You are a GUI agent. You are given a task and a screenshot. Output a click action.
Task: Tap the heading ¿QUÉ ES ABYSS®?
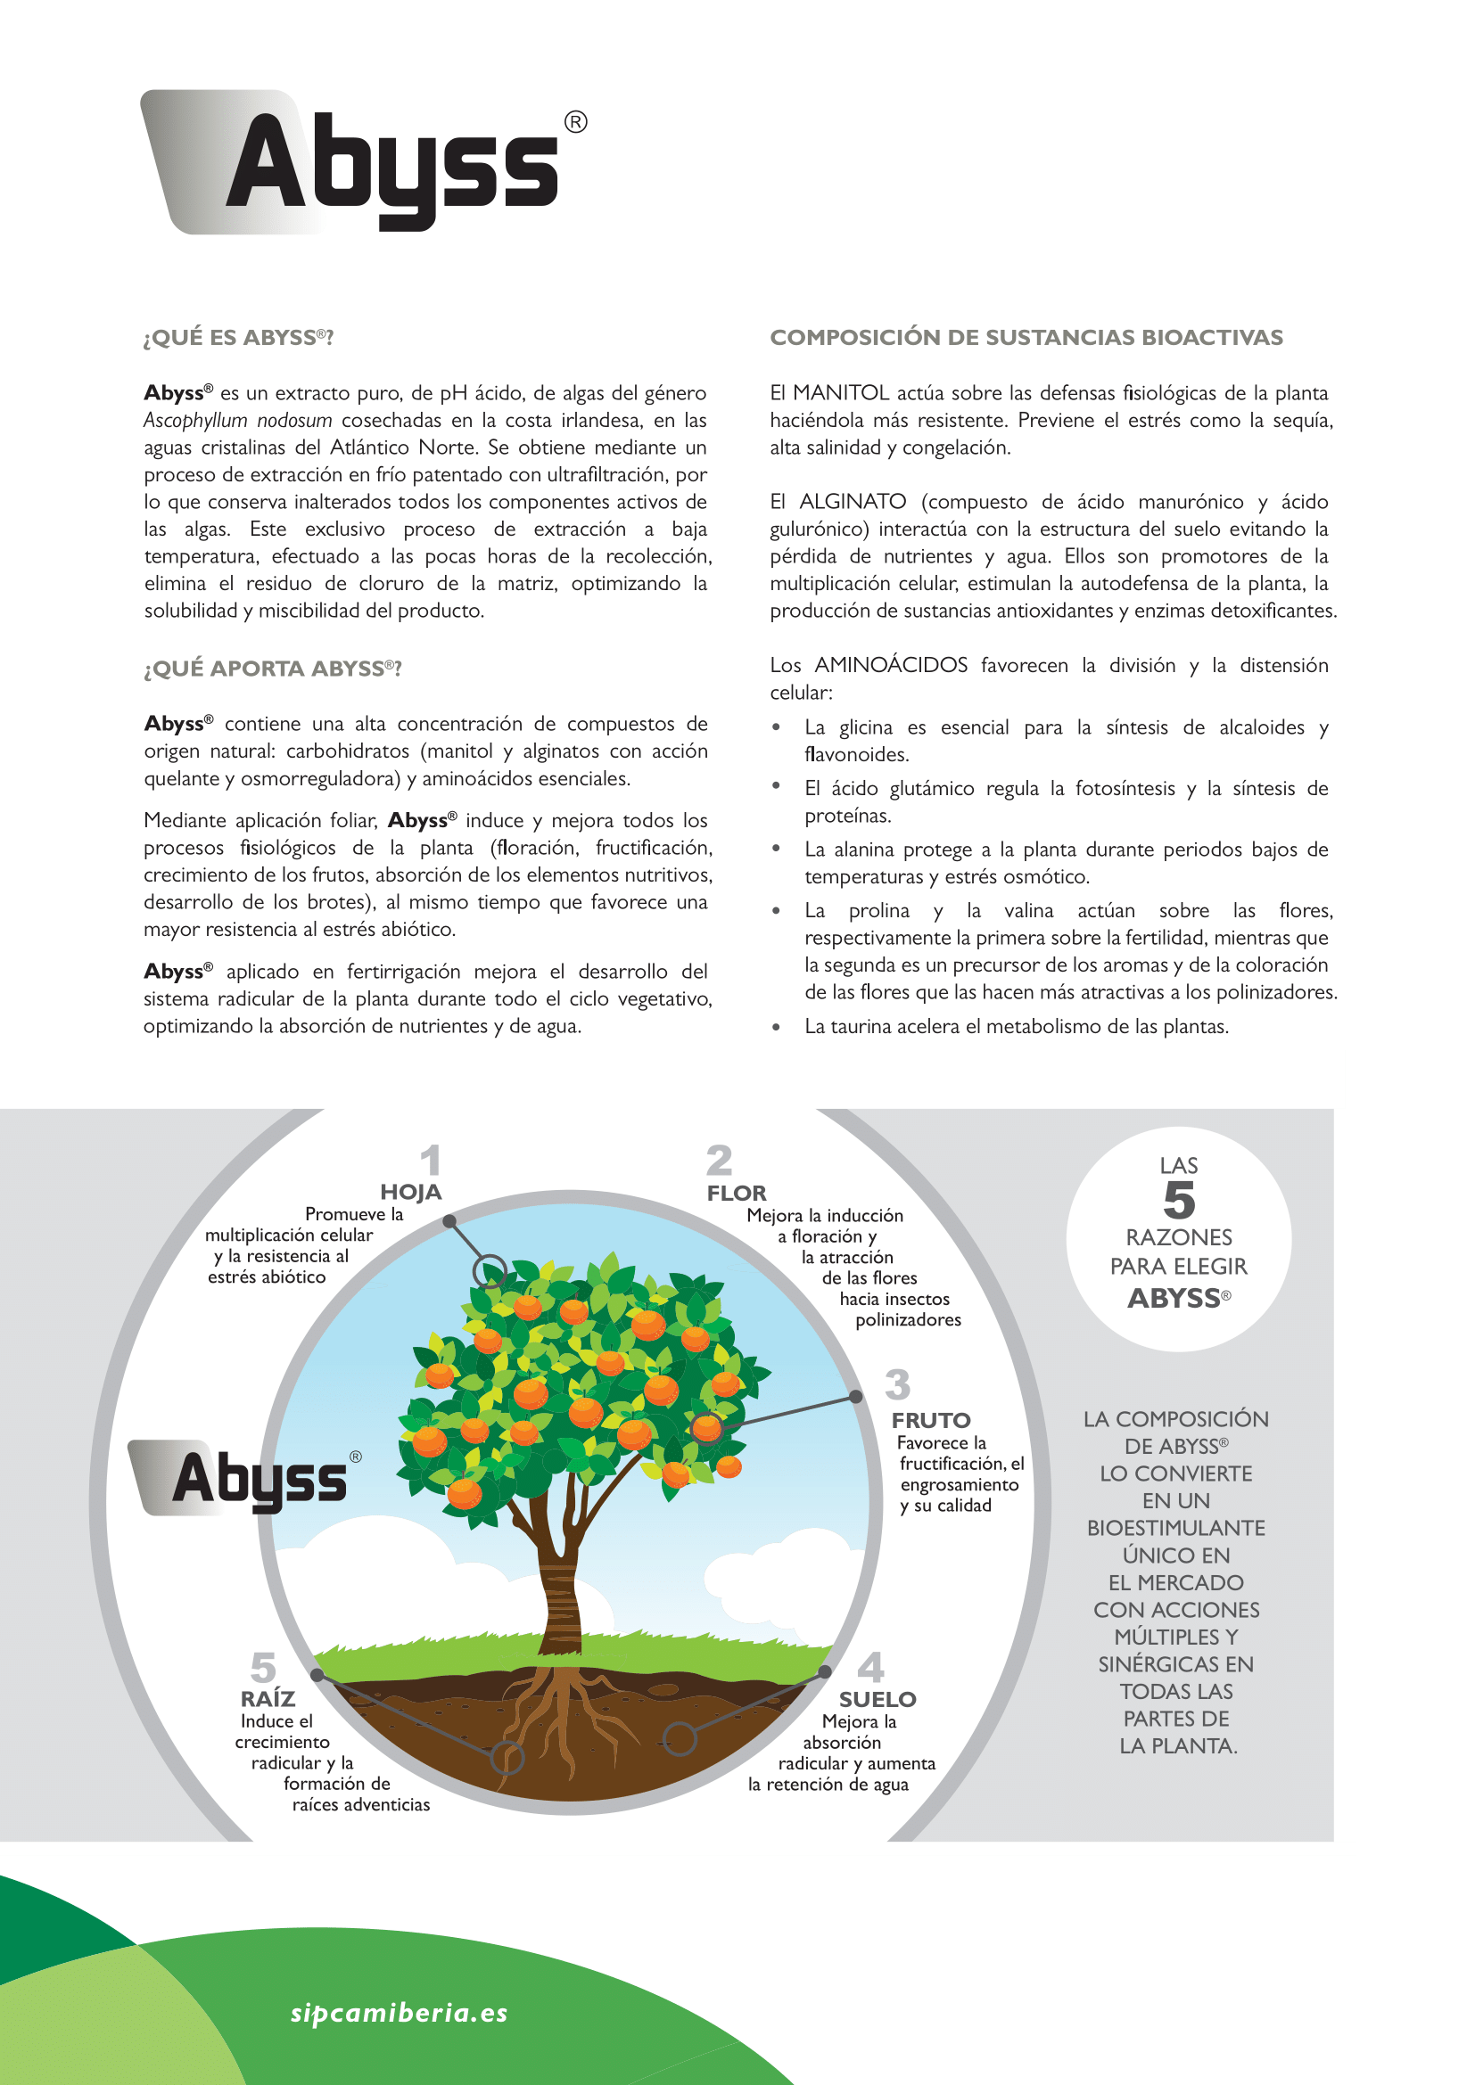(x=238, y=338)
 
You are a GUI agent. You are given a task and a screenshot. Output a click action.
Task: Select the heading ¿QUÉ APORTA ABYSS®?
(x=273, y=669)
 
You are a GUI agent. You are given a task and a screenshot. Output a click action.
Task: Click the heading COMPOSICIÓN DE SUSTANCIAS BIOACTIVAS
(x=1026, y=338)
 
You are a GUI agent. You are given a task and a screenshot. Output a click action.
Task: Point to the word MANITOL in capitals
(x=840, y=393)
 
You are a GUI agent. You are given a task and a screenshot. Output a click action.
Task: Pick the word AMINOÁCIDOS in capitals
(x=891, y=666)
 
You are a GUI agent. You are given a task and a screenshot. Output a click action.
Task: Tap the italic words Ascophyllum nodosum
(x=238, y=421)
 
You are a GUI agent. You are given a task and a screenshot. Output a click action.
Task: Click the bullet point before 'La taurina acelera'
(x=776, y=1027)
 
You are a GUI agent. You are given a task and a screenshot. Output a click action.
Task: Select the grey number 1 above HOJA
(x=431, y=1161)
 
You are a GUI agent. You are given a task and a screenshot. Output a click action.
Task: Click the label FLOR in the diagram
(x=737, y=1194)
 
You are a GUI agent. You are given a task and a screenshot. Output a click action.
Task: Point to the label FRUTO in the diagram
(x=931, y=1420)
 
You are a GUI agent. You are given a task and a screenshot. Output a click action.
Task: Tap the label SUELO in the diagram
(x=878, y=1699)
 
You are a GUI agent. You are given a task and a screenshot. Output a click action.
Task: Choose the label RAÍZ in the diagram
(x=268, y=1698)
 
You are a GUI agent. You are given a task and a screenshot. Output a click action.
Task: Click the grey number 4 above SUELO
(x=870, y=1667)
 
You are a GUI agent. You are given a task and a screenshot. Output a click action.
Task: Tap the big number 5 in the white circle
(x=1179, y=1201)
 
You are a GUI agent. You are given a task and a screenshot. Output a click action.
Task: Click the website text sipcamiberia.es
(x=399, y=2014)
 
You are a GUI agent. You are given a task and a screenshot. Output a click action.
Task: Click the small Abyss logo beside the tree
(x=245, y=1478)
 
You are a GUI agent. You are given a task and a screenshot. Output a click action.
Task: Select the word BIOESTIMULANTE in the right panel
(x=1176, y=1528)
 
